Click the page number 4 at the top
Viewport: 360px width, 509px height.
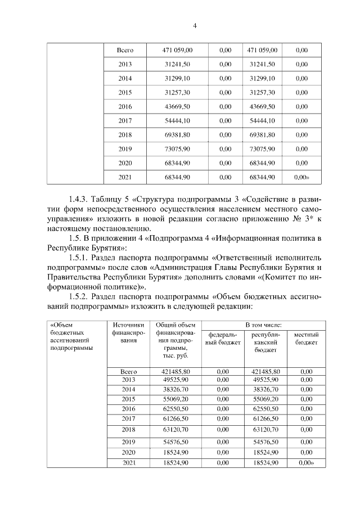click(x=195, y=25)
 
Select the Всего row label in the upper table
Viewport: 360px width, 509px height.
click(x=125, y=50)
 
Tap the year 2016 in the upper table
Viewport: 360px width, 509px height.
click(x=125, y=106)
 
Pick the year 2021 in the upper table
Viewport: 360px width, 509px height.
click(x=125, y=177)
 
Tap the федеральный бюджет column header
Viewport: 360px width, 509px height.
click(x=222, y=338)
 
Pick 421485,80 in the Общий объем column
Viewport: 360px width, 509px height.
click(x=176, y=372)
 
